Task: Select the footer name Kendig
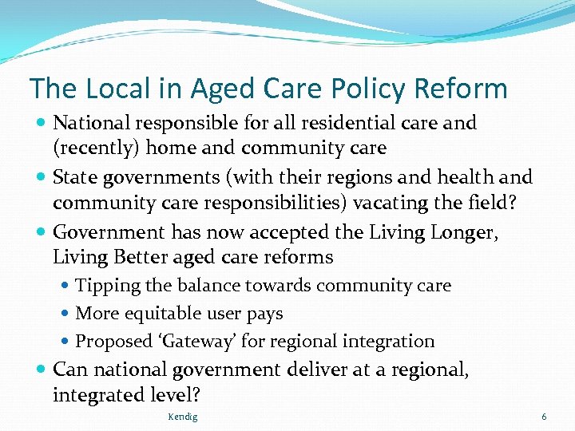pos(183,417)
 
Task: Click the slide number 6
pos(544,417)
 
